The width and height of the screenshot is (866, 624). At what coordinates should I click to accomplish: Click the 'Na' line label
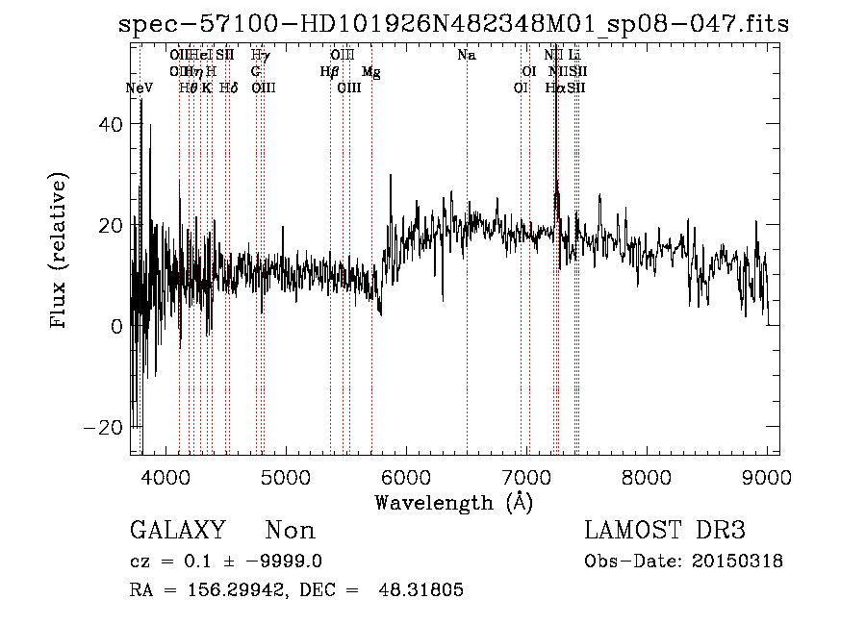coord(467,56)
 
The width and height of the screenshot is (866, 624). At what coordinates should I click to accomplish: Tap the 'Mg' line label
coord(370,72)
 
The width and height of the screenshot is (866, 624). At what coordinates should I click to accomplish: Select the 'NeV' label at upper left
coord(140,87)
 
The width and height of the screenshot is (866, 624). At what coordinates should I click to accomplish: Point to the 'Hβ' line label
coord(330,72)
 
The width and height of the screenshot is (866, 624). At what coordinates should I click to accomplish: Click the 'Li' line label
coord(574,56)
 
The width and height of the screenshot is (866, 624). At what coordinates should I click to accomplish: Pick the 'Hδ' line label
coord(229,87)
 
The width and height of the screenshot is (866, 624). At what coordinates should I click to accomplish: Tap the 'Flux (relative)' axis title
coord(60,252)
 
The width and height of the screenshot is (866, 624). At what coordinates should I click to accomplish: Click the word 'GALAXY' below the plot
coord(177,532)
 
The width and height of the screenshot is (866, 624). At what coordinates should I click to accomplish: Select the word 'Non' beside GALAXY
coord(290,532)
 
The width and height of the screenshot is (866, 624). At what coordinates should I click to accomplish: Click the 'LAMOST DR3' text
coord(665,532)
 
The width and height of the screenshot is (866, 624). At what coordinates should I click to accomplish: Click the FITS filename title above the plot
coord(453,24)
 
